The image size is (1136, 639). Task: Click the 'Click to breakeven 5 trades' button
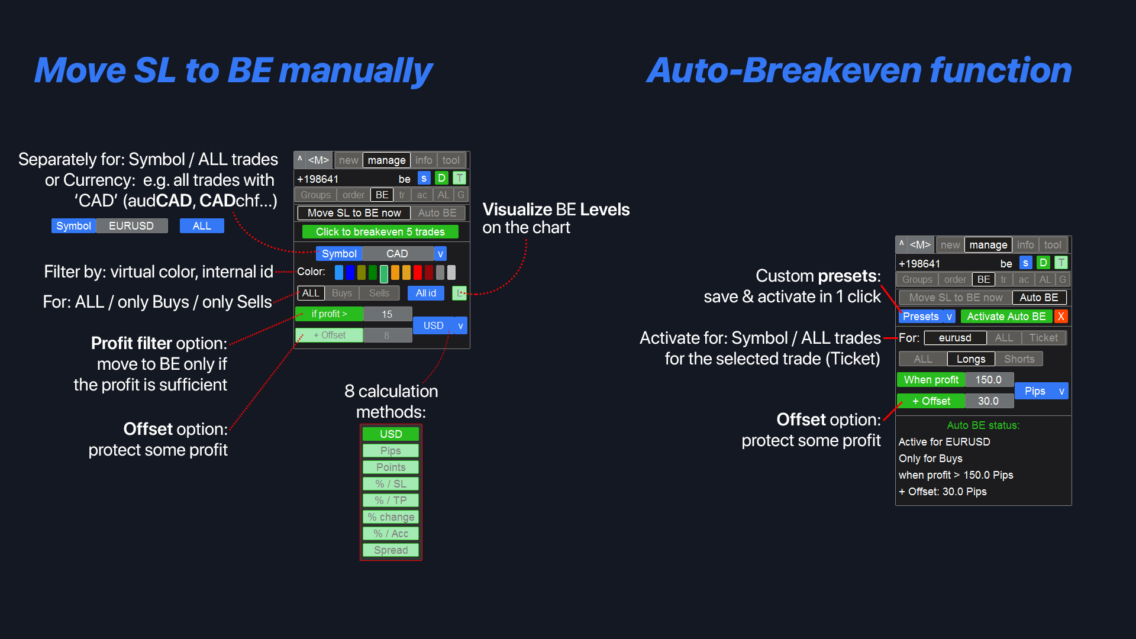[380, 232]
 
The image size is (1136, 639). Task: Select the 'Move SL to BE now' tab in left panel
[354, 213]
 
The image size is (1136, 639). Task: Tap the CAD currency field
[397, 254]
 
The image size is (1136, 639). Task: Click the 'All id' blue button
[425, 293]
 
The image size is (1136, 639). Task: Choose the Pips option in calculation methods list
[390, 451]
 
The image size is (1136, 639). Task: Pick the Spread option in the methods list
[390, 550]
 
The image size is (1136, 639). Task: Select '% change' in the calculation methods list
[390, 517]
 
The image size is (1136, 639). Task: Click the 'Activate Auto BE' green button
[1006, 317]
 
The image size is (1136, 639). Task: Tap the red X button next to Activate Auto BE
[1061, 317]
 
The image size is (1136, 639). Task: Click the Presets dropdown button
[926, 317]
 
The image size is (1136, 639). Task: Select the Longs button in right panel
[970, 359]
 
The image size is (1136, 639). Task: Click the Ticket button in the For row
[1043, 338]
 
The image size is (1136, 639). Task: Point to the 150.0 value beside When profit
[988, 380]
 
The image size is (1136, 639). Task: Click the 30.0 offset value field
[988, 401]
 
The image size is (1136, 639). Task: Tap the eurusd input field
[954, 338]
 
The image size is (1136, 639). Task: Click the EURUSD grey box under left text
[131, 226]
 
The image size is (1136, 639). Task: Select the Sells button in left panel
[379, 293]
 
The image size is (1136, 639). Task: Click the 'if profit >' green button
[329, 314]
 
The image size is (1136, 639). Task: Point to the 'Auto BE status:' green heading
[983, 425]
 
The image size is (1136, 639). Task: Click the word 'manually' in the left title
[355, 71]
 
